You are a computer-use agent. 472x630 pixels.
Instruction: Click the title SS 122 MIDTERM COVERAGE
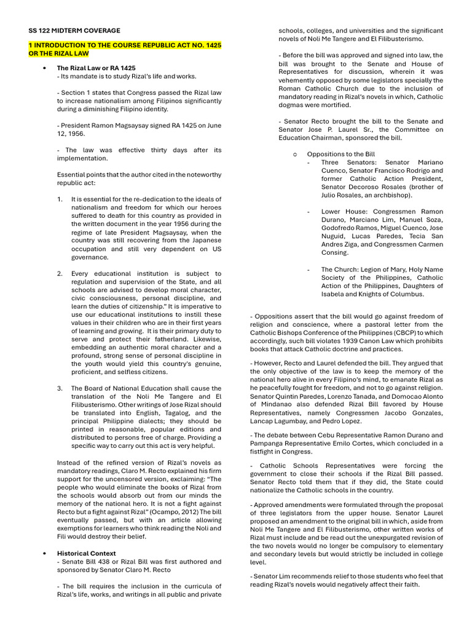click(74, 30)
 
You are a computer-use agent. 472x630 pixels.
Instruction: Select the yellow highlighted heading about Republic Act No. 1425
click(125, 50)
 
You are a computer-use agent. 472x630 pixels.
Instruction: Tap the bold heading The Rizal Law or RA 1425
click(96, 68)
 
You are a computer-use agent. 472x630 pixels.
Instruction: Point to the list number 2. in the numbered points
click(60, 273)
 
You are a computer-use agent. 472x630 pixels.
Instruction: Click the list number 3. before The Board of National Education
click(60, 388)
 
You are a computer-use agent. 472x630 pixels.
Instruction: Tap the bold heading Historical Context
click(86, 553)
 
